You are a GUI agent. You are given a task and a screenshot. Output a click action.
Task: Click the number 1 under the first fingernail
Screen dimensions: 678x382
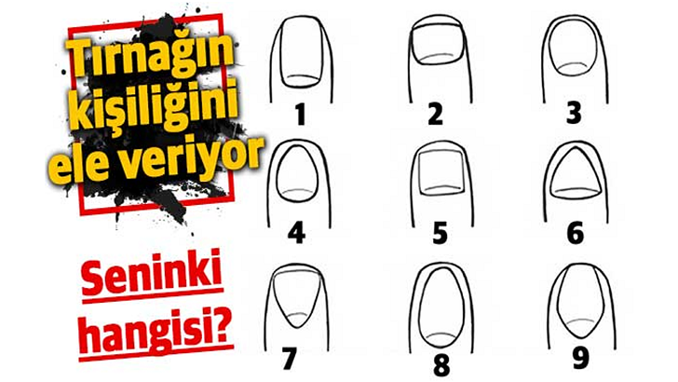[301, 116]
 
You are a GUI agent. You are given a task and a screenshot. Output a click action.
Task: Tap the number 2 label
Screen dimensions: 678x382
[436, 115]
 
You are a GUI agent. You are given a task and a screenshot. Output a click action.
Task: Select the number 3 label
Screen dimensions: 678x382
[574, 114]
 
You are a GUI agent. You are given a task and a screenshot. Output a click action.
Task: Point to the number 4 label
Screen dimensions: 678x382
[296, 235]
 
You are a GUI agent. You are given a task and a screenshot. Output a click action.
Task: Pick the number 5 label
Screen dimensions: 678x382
[440, 234]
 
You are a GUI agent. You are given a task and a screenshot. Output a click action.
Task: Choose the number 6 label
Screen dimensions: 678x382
[576, 234]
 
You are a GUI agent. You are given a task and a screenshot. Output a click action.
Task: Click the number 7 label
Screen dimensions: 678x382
[290, 359]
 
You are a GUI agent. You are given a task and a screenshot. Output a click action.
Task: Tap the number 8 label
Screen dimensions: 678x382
[441, 365]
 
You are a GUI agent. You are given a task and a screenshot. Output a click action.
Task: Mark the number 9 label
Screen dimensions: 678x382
[580, 359]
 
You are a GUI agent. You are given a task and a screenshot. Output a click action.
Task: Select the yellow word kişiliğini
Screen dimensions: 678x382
[154, 103]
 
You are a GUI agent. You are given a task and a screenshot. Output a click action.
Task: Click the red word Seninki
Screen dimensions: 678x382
[152, 273]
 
